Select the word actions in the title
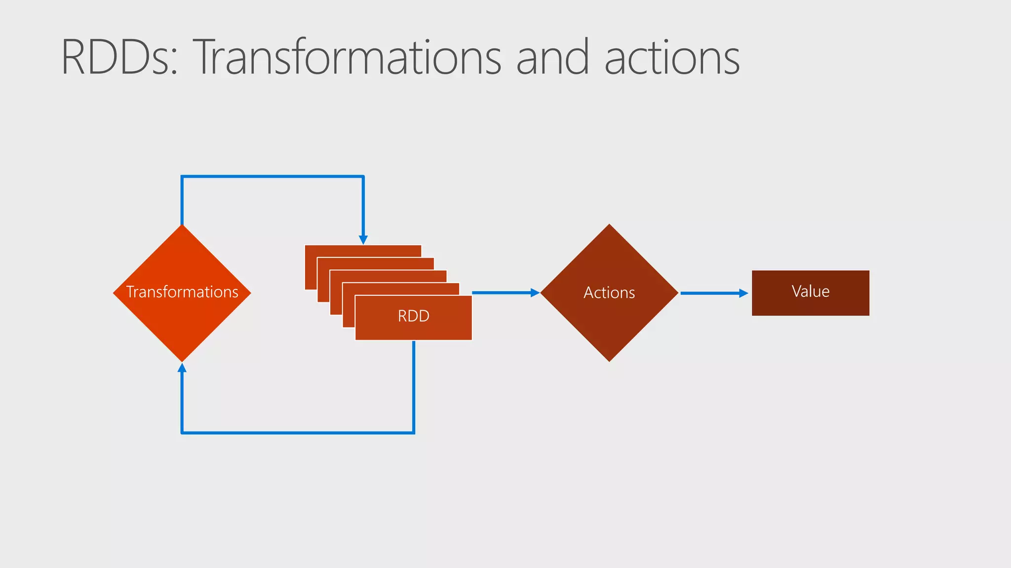pos(672,58)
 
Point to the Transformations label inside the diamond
pos(182,292)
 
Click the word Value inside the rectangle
pos(811,291)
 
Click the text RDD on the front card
pos(414,316)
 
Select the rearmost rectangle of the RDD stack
pos(362,250)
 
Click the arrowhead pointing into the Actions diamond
pos(535,293)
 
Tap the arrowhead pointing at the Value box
pos(743,293)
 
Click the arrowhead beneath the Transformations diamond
pos(182,368)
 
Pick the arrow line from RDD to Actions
pos(501,293)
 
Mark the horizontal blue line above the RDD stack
pos(272,176)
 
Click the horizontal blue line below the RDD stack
pos(298,433)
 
